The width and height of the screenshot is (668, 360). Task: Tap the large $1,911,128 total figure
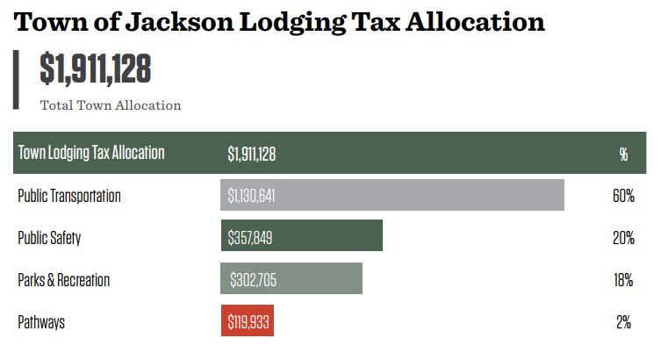tap(96, 69)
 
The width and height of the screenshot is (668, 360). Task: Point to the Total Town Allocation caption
tap(111, 105)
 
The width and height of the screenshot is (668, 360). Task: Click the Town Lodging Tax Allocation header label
tap(91, 153)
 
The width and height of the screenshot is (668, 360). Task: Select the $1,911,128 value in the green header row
tap(252, 154)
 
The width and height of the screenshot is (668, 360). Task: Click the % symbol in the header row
tap(623, 154)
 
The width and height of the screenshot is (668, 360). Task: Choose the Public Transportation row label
tap(69, 196)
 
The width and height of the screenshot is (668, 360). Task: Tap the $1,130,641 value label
tap(252, 196)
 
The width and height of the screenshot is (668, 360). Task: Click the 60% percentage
tap(623, 196)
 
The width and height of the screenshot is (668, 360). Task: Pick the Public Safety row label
tap(49, 238)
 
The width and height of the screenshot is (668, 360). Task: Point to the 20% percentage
tap(623, 238)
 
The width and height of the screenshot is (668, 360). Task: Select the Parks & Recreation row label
tap(64, 280)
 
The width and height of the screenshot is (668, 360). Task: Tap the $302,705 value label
tap(255, 280)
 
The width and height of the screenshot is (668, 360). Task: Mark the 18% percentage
tap(623, 280)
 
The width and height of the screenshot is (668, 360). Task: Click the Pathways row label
tap(41, 322)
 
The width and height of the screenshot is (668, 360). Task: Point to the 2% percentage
tap(623, 322)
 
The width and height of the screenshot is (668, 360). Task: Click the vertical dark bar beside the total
tap(16, 80)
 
